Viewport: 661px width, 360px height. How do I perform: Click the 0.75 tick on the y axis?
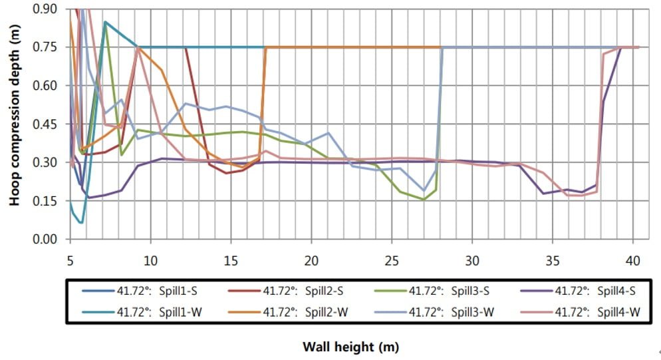pyautogui.click(x=49, y=47)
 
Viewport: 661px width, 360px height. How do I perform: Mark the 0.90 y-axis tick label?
pyautogui.click(x=49, y=9)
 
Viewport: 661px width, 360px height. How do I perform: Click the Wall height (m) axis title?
pyautogui.click(x=351, y=347)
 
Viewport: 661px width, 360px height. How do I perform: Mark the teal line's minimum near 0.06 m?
pyautogui.click(x=81, y=222)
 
